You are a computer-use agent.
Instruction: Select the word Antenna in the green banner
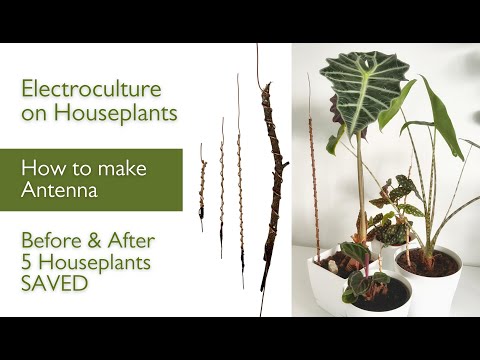pyautogui.click(x=59, y=190)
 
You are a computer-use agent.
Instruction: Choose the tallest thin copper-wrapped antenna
pyautogui.click(x=240, y=180)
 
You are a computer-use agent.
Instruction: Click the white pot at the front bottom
pyautogui.click(x=381, y=298)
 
